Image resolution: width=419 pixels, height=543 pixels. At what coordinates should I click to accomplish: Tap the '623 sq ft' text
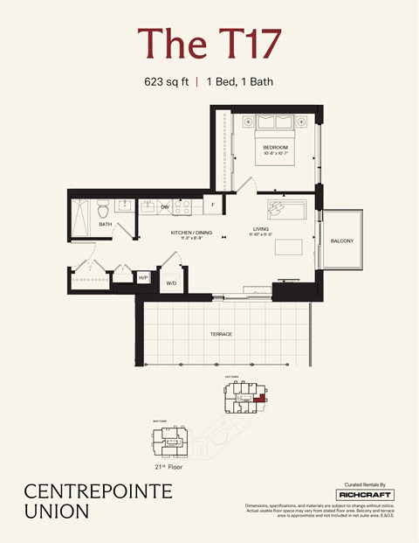(168, 82)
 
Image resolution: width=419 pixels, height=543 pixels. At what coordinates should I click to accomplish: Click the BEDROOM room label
(276, 147)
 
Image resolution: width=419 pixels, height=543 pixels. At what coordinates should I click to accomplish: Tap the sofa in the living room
(287, 210)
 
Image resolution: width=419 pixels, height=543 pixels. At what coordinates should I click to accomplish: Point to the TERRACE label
(220, 334)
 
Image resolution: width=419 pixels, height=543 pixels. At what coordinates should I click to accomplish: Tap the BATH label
(105, 225)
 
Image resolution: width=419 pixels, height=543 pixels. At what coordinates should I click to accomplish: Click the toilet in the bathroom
(103, 209)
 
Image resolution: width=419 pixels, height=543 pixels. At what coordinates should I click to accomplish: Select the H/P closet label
(143, 278)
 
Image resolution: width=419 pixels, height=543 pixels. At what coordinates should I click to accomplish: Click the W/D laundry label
(171, 283)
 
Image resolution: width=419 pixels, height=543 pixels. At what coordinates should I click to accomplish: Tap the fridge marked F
(214, 205)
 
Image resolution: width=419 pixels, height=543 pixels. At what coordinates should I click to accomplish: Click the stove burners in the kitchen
(182, 208)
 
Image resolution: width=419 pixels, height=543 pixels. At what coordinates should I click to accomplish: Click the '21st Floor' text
(169, 468)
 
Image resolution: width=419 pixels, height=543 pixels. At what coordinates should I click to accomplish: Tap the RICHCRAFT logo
(365, 495)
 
